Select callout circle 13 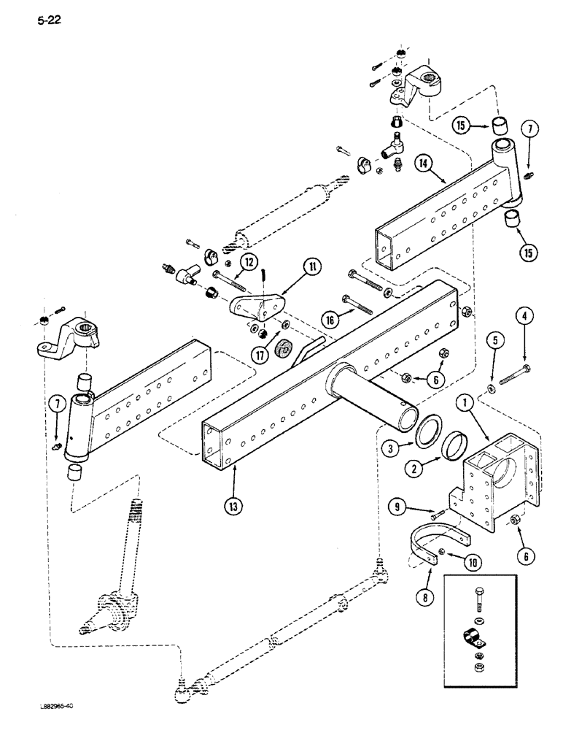pyautogui.click(x=235, y=503)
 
